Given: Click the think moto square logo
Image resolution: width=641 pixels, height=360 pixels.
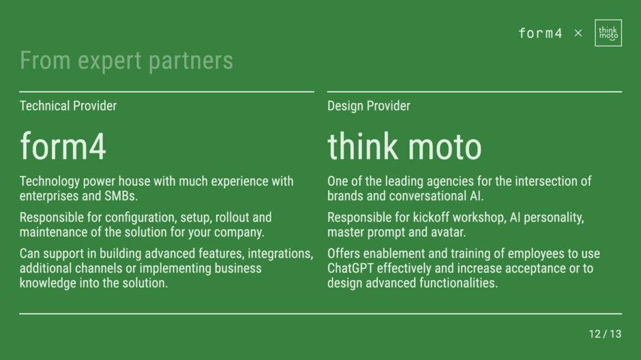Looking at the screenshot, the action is coord(608,33).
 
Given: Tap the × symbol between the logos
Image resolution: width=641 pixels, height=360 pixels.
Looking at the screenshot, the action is coord(578,33).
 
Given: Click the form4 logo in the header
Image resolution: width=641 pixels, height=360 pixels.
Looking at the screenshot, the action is coord(541,33).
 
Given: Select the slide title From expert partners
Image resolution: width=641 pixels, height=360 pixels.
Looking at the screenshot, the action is coord(126,61).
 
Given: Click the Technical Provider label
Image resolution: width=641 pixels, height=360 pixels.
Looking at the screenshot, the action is coord(68,106).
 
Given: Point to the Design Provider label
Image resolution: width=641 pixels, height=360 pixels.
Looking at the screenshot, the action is coord(369,106).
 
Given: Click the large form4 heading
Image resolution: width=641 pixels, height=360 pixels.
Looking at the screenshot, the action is coord(63,147).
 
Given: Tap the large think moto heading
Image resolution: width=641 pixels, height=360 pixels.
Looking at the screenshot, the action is coord(404,147).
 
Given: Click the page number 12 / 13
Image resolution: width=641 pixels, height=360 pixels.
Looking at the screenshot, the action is coord(605,334).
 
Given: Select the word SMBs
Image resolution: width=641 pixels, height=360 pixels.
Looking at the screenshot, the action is coord(121,196).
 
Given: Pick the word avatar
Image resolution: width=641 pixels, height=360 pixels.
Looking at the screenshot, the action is coord(449,232).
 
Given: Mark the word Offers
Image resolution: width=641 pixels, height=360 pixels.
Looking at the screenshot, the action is coord(344,254).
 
